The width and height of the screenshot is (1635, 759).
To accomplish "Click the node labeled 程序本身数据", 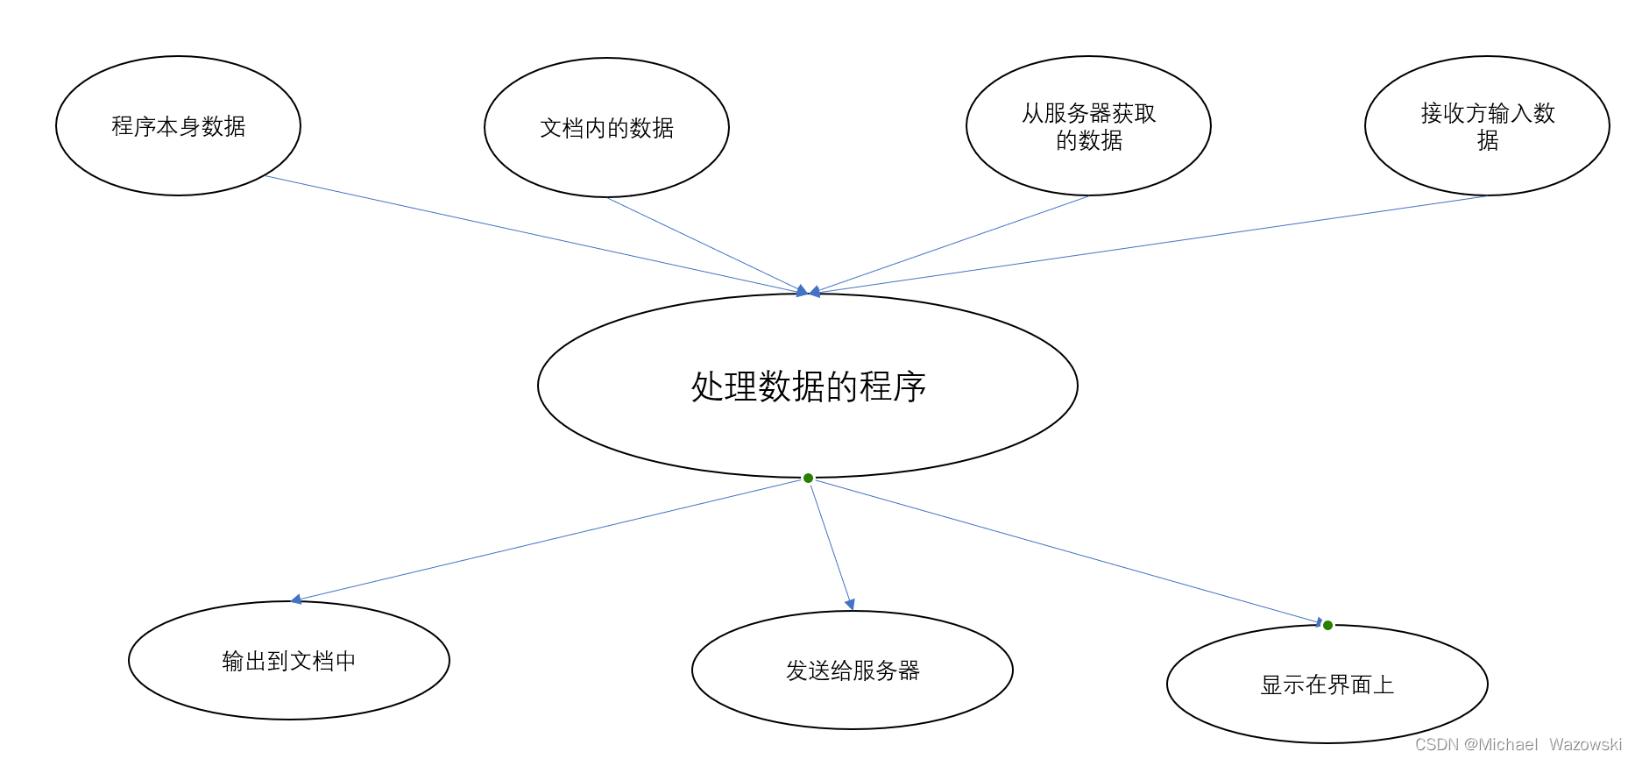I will [178, 126].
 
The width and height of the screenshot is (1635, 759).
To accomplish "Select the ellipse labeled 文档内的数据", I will [606, 128].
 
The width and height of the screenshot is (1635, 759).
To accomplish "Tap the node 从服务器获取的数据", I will [1088, 126].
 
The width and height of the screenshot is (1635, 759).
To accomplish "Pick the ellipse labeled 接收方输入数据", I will [1487, 126].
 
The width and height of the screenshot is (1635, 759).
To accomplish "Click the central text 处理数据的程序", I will [808, 387].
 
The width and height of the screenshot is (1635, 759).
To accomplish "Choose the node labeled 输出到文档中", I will [288, 661].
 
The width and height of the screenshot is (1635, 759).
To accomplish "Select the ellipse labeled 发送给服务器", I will [852, 670].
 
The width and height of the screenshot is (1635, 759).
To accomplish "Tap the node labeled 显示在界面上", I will [1327, 685].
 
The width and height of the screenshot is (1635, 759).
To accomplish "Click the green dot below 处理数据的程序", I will [808, 478].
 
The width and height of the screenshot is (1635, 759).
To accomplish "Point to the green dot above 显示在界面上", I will [1327, 625].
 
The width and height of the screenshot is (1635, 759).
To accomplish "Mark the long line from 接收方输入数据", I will [1148, 245].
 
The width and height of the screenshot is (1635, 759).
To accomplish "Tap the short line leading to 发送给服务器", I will [830, 543].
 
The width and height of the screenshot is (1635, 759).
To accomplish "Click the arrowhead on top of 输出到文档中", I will [296, 599].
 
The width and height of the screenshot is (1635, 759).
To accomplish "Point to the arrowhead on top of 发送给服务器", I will [849, 604].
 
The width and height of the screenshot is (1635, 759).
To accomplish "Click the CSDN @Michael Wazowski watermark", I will [1518, 744].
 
